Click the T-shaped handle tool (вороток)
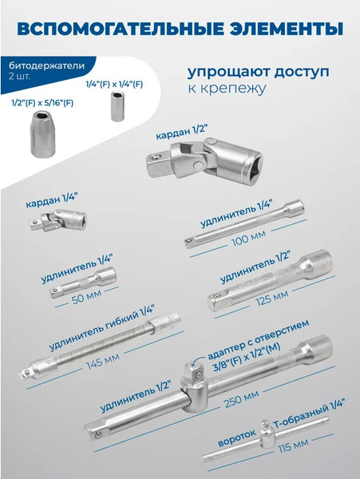(263, 438)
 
